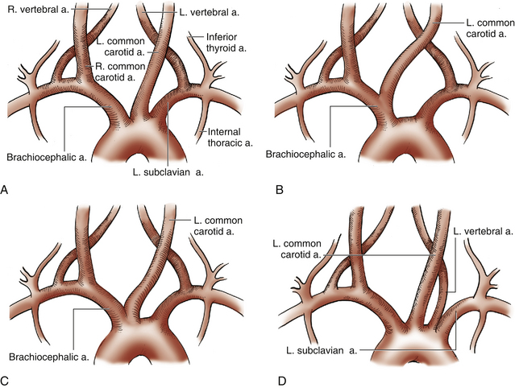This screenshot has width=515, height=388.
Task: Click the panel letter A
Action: click(6, 190)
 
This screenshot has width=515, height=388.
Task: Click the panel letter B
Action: click(279, 190)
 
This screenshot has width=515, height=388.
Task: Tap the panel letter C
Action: click(6, 379)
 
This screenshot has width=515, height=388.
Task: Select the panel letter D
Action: click(279, 379)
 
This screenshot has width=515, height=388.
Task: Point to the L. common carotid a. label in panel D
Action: click(299, 247)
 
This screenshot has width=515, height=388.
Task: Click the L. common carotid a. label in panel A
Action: click(121, 45)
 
